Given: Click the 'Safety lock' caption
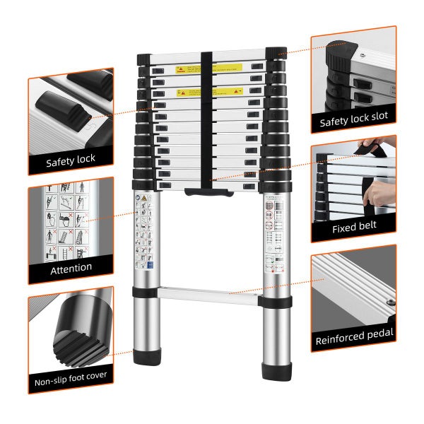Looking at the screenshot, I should [71, 160].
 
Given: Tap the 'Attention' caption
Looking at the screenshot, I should [71, 267].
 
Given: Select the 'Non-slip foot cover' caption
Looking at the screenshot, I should [71, 375].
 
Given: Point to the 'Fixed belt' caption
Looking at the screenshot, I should [354, 227].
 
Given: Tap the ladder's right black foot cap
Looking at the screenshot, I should [276, 370].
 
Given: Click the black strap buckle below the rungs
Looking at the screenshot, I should [205, 190].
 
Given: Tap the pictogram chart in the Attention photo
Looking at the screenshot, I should [70, 219].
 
